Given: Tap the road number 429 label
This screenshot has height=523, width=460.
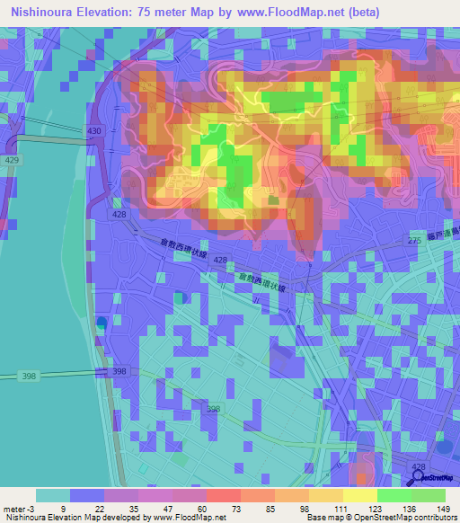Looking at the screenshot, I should click(x=10, y=158).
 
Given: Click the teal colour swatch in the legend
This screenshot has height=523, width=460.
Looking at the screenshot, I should click(x=53, y=494).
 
